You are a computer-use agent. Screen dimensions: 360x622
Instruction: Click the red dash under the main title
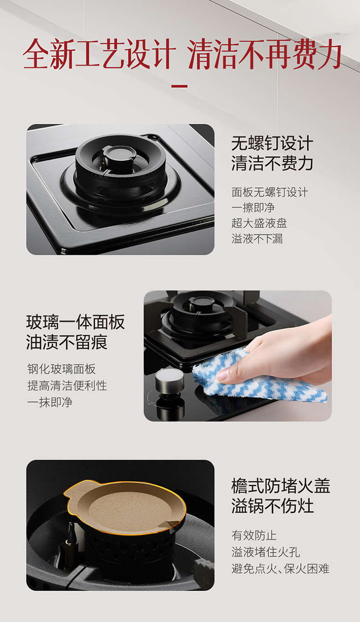coord(180,86)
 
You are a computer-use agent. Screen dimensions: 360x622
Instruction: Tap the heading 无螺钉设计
coord(273,143)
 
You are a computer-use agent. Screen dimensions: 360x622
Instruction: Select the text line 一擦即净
coord(253,207)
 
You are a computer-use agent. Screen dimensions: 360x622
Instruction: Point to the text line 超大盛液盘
coord(259,223)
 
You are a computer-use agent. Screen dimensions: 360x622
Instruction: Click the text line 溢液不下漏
coord(257,238)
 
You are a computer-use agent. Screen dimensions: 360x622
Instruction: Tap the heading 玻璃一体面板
coord(76,322)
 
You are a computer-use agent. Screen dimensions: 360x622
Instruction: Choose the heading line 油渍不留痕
coord(67,342)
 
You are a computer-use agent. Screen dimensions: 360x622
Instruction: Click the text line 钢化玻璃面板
coord(62,369)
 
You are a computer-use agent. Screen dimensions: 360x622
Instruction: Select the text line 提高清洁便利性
coord(67,385)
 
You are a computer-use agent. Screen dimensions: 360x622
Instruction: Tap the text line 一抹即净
coord(50,402)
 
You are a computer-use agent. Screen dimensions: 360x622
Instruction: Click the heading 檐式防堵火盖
coord(281,486)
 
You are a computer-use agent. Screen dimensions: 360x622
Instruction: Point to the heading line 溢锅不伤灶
coord(273,506)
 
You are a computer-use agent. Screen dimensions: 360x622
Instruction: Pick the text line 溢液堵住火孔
coord(266,552)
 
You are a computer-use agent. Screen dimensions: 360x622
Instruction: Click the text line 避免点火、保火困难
coord(280,569)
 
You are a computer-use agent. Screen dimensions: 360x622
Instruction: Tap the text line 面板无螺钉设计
coord(270,192)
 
